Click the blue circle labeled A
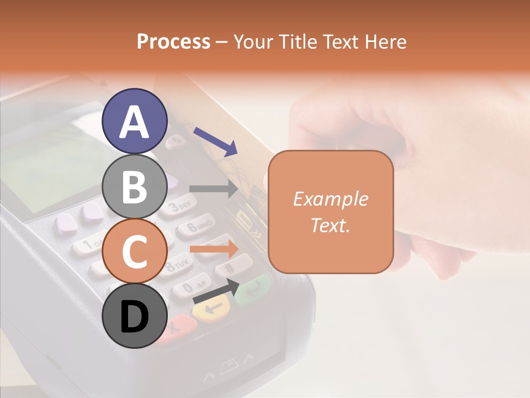135,122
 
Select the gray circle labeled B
135,186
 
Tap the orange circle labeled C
135,251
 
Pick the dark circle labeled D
135,316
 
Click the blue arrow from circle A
215,141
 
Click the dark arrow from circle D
215,291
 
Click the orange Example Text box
331,212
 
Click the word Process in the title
173,41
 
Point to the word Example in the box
331,199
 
